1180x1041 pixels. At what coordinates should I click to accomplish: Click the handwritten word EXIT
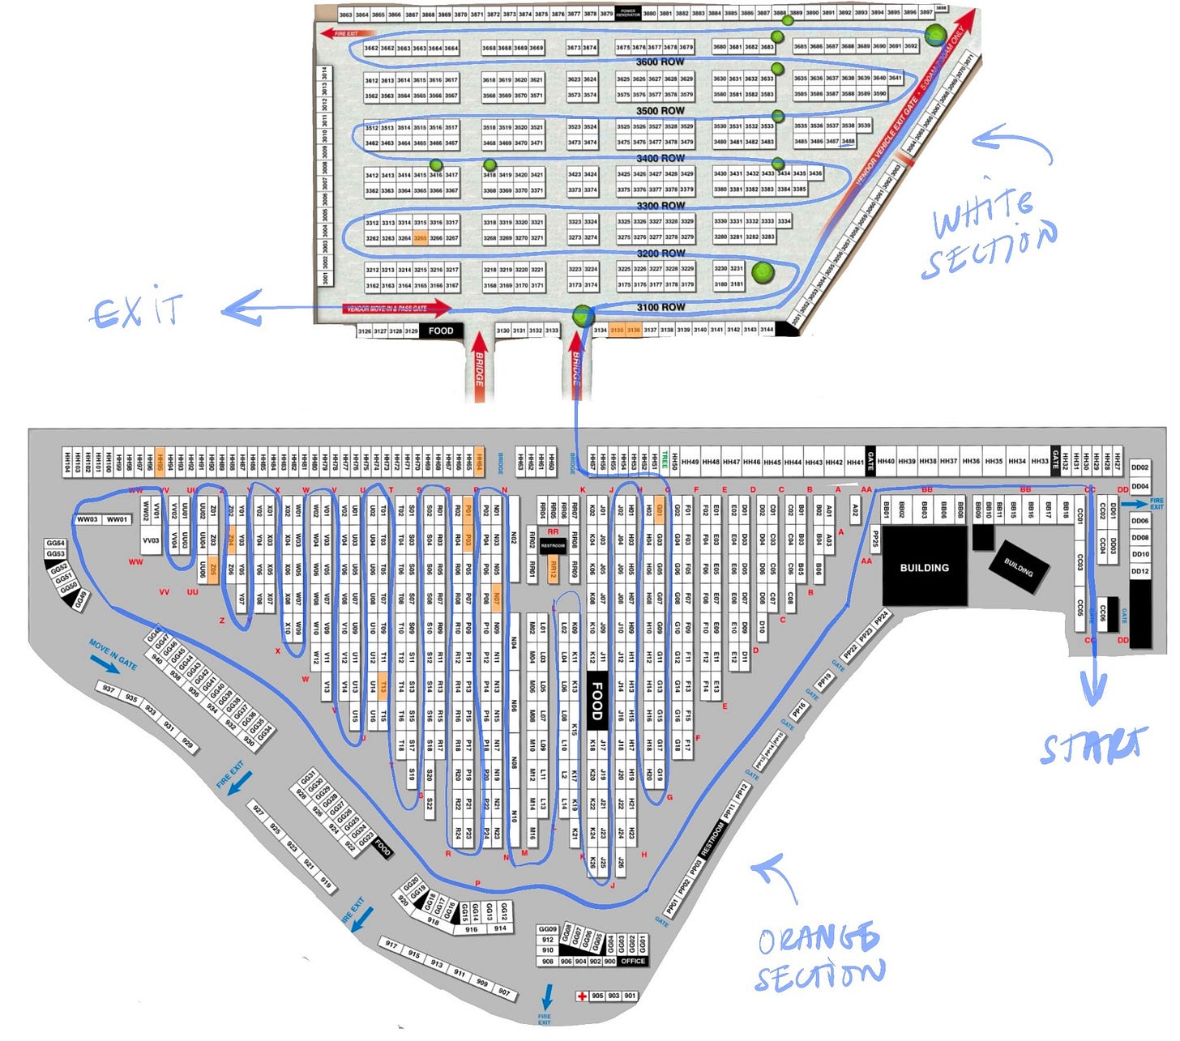click(136, 311)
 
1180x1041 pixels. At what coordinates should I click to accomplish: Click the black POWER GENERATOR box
click(628, 13)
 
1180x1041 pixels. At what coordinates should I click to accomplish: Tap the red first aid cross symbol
click(581, 996)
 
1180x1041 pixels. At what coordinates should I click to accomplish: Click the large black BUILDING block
click(924, 567)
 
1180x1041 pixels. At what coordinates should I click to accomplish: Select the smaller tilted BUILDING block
click(1019, 567)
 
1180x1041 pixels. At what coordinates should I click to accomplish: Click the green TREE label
click(665, 461)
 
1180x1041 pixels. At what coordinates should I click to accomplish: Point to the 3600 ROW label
click(660, 62)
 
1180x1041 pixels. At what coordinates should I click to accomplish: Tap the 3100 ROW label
click(660, 307)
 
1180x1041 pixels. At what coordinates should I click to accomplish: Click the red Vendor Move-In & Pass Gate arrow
click(397, 308)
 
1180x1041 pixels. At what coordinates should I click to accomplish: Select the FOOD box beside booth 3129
click(441, 331)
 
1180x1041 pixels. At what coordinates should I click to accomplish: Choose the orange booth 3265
click(420, 238)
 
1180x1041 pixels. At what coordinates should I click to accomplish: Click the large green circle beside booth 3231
click(762, 272)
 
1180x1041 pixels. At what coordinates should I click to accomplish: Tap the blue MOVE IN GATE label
click(113, 655)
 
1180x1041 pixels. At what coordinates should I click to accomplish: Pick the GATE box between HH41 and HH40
click(870, 461)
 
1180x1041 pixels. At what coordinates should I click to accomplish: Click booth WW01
click(117, 519)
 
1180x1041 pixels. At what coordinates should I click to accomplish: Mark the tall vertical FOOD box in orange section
click(596, 701)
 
